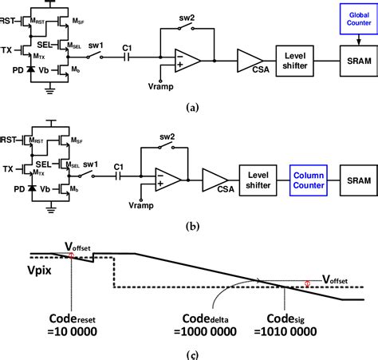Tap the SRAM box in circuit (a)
pos(351,58)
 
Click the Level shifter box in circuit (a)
pos(297,58)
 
